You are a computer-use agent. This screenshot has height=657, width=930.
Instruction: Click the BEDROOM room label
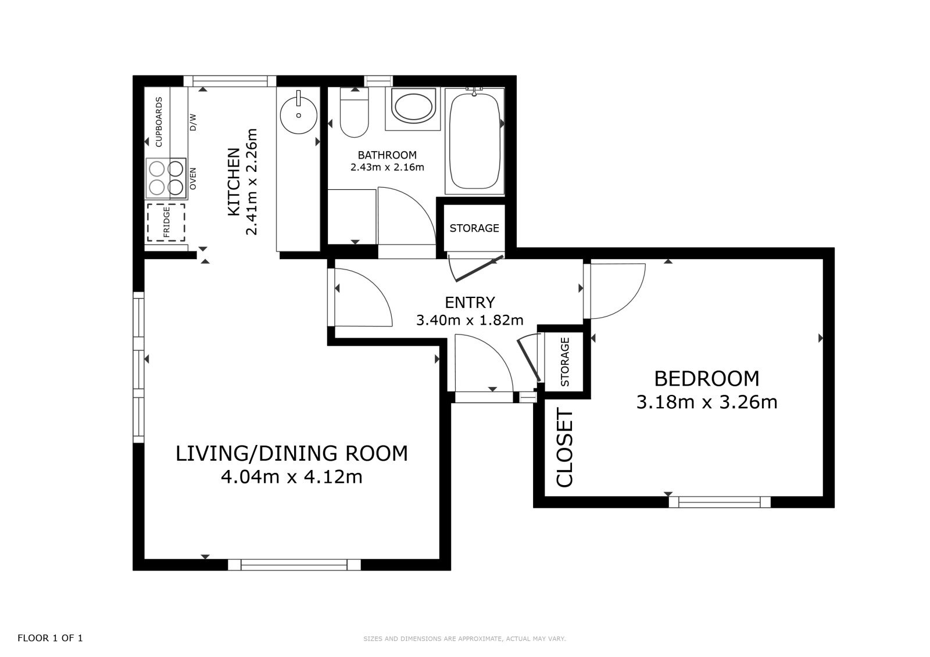point(707,379)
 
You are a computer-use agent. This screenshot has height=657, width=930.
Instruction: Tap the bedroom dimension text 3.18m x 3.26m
point(707,402)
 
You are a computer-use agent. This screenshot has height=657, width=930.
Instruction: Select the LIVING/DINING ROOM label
point(291,453)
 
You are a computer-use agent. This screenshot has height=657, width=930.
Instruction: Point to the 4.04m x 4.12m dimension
point(291,477)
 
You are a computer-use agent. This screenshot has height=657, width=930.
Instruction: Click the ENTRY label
point(470,303)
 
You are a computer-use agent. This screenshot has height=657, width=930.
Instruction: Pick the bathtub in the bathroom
point(474,141)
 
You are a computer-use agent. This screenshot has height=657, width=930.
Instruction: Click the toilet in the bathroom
point(354,113)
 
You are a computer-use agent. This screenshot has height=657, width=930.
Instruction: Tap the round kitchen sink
point(299,115)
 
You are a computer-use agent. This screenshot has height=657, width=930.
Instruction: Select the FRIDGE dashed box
point(166,222)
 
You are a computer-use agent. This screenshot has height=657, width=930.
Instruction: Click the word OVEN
point(192,179)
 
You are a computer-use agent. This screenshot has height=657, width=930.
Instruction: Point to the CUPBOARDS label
point(159,122)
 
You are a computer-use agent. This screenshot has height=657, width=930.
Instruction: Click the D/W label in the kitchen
point(192,123)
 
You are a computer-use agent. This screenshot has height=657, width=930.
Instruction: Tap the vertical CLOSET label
point(564,447)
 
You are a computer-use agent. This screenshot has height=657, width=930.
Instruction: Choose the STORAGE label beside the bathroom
point(474,228)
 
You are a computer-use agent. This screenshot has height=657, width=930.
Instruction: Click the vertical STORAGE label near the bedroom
point(564,362)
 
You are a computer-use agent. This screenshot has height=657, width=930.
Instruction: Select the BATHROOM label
point(387,155)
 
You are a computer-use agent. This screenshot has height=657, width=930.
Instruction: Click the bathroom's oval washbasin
point(414,107)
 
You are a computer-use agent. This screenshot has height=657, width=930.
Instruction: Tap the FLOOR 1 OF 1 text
point(50,638)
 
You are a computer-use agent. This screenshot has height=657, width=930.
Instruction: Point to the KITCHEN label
point(234,182)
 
